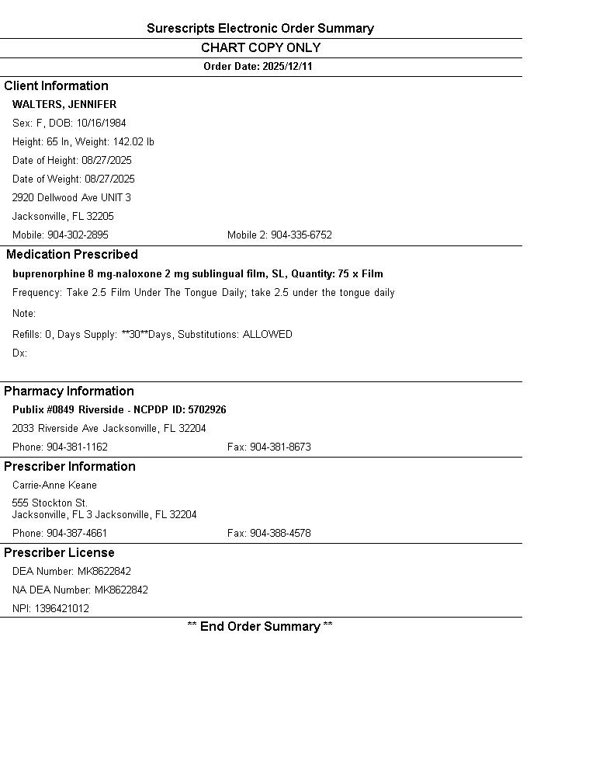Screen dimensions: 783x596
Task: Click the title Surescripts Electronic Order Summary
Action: [260, 29]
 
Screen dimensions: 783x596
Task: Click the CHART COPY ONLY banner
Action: [261, 48]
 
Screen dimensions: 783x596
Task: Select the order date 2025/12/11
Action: [287, 67]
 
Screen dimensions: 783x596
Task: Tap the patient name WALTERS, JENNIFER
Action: [64, 105]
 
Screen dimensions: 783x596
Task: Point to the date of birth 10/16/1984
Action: [101, 124]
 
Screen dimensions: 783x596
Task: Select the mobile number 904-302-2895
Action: [78, 235]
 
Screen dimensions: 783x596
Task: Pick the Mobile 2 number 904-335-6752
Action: [301, 235]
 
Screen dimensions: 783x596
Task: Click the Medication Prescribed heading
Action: [71, 255]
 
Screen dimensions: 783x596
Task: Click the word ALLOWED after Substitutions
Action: [268, 335]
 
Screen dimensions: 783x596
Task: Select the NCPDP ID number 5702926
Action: [207, 410]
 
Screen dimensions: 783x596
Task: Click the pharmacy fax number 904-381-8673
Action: [280, 447]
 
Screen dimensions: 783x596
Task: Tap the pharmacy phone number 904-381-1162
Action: [77, 447]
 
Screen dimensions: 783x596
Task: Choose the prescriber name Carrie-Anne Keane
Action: [54, 485]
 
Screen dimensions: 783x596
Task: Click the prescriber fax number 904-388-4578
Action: [280, 534]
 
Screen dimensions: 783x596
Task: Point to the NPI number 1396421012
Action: [61, 609]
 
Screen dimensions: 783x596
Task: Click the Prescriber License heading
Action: [59, 553]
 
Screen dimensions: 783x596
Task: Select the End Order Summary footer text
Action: [260, 627]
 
